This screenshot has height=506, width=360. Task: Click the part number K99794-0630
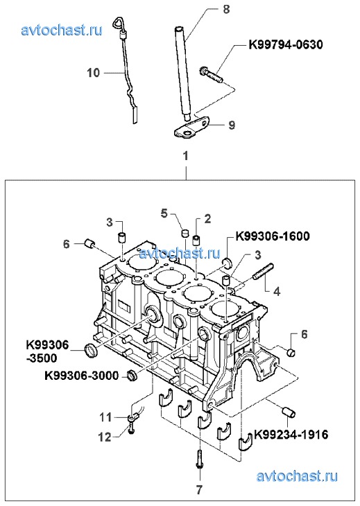click(285, 44)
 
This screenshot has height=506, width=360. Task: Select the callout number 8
click(226, 10)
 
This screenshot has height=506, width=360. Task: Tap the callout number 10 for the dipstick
click(94, 73)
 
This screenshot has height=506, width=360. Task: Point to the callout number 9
click(232, 125)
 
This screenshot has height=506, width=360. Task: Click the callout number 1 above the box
click(185, 156)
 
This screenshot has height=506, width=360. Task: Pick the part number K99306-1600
click(273, 236)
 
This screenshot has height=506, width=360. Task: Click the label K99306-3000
click(82, 376)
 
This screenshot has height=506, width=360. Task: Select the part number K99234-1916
click(291, 435)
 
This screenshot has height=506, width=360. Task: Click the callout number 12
click(105, 437)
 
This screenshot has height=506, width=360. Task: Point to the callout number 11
click(105, 417)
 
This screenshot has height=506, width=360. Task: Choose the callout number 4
click(277, 292)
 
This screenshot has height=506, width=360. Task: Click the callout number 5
click(164, 213)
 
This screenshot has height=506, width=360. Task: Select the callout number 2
click(207, 218)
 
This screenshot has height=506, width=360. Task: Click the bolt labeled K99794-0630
click(211, 75)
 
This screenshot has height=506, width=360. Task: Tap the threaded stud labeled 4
click(264, 272)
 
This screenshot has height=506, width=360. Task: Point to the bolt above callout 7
click(199, 459)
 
